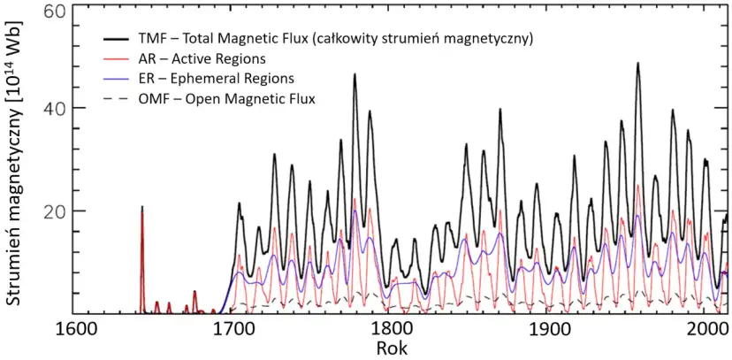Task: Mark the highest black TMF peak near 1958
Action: click(x=637, y=64)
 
